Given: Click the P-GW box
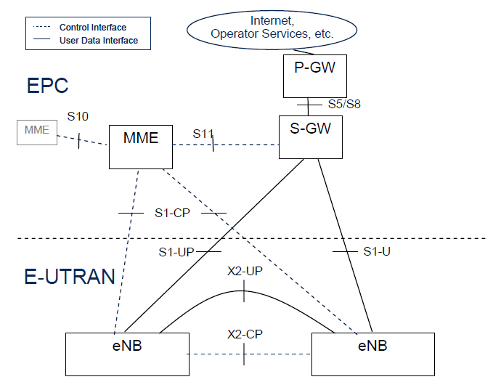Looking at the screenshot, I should coord(311,76).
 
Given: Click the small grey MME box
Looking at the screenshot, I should coord(36,131).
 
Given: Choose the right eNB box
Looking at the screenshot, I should coord(373,354).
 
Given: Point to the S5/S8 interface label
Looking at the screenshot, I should coord(343,104).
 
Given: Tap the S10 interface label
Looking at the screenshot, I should coord(78,116).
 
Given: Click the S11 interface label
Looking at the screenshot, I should coord(203,134).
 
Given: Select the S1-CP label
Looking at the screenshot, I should coord(171,213).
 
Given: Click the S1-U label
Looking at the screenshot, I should coord(378,251).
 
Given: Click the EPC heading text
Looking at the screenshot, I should coord(47,86).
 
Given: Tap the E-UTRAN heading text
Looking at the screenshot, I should coord(70,276).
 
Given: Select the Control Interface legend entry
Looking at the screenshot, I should coord(90,27).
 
